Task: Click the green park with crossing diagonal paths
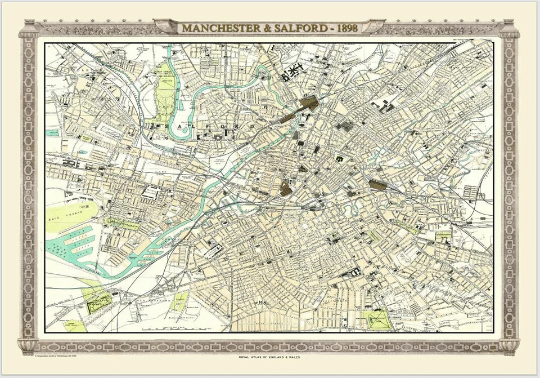[x=376, y=319]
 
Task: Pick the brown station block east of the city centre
[x=378, y=185]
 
